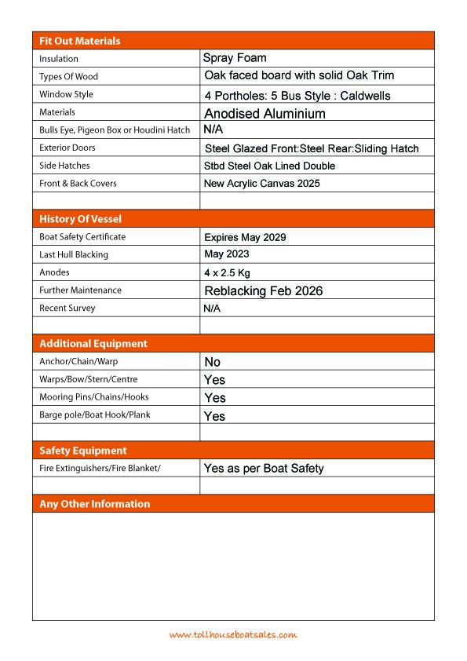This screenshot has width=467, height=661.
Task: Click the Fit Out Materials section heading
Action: pos(80,41)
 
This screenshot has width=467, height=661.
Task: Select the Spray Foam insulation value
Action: pos(235,58)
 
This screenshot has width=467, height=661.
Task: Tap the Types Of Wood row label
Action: pos(69,77)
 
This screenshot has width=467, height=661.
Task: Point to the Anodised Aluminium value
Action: pos(265,114)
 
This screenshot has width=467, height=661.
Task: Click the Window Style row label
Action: pos(67,94)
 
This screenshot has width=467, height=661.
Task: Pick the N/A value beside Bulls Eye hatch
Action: pos(213,130)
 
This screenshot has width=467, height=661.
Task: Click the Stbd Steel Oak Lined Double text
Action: pos(269,166)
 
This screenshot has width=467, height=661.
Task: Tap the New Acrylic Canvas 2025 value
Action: pos(261,184)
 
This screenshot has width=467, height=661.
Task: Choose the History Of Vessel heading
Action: pos(81,219)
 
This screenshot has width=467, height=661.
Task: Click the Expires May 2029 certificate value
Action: pos(245,237)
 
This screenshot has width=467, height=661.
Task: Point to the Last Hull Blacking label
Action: pos(74,255)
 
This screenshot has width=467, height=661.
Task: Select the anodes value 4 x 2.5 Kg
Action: pos(227,273)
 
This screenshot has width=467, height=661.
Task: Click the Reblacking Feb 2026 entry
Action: pos(263,291)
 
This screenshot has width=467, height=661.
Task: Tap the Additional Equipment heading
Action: pos(93,344)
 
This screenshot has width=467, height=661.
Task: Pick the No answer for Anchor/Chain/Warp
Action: pos(213,362)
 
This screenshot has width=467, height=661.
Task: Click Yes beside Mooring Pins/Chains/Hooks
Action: pos(214,398)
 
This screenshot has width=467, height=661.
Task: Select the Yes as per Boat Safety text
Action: pos(264,469)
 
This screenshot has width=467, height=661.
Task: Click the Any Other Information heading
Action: pos(95,504)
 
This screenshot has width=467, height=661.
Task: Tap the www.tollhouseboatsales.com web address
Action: pos(233,635)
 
